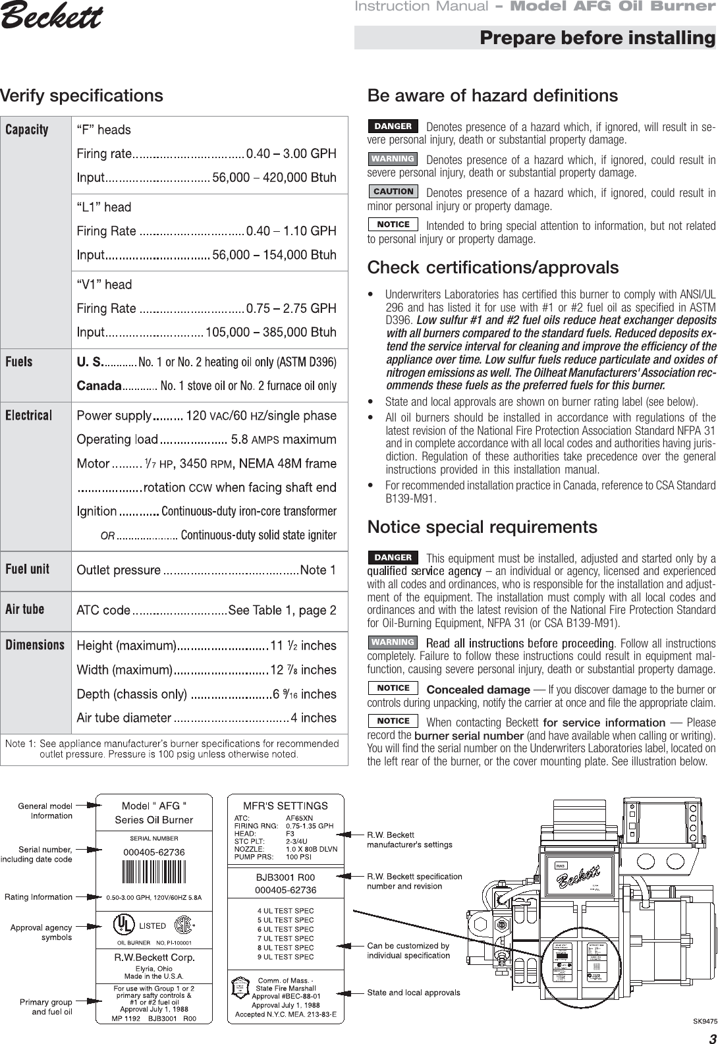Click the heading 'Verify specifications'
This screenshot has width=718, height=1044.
pos(82,96)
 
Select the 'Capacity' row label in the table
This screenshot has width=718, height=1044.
pos(27,130)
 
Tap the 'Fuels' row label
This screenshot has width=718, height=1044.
pos(19,362)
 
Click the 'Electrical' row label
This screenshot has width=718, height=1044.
pos(29,416)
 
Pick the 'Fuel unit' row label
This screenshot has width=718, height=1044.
pos(27,569)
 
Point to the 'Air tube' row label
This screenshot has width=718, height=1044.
pos(25,609)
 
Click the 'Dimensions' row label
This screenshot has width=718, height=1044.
pos(35,645)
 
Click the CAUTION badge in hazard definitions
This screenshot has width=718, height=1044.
pos(393,192)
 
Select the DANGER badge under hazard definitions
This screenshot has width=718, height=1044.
pos(393,126)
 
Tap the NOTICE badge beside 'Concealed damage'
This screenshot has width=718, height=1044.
pos(393,688)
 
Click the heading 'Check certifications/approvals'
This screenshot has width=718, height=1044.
pos(493,268)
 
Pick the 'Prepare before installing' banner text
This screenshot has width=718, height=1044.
pos(597,38)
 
